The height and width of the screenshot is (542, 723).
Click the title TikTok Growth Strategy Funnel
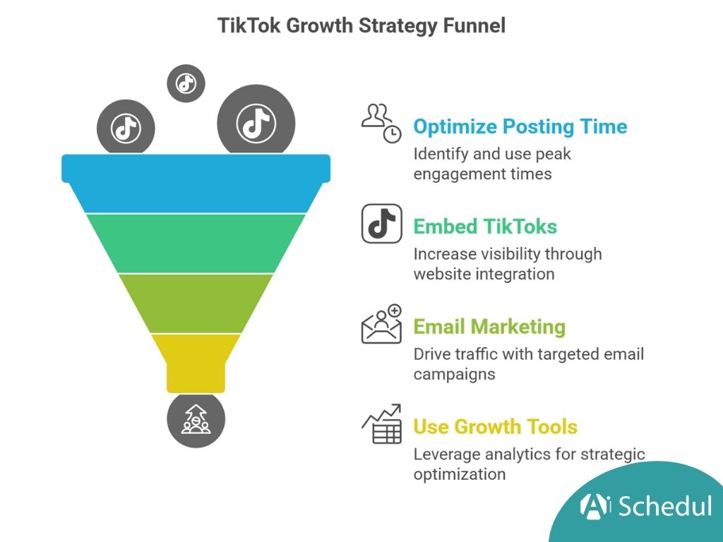tap(361, 26)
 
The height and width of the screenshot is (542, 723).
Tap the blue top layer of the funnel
tap(196, 183)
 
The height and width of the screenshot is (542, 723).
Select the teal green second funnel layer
tap(196, 243)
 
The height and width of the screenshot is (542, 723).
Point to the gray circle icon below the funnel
tap(196, 421)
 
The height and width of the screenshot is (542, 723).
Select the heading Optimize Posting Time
tap(520, 127)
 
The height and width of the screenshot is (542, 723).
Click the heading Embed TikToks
tap(485, 227)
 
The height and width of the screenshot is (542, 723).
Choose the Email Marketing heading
tap(489, 327)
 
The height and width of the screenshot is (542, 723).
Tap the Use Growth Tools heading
tap(495, 427)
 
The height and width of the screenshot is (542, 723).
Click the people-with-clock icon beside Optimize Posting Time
tap(381, 123)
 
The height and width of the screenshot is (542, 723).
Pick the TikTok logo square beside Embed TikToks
tap(382, 224)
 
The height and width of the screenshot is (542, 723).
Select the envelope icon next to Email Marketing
tap(381, 325)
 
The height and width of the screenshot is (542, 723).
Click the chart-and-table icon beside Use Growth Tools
tap(381, 424)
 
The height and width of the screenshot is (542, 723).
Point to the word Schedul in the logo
tap(664, 505)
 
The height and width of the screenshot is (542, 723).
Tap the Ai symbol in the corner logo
tap(594, 505)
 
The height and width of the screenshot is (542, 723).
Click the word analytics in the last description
tap(508, 454)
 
